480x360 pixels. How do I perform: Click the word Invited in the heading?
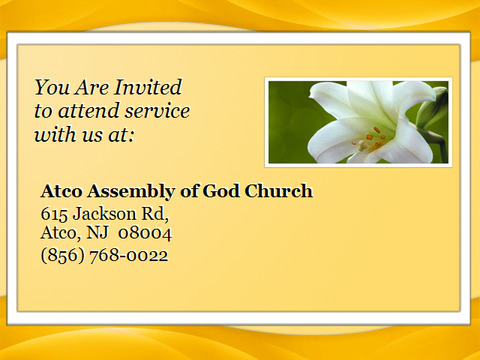[x=148, y=87]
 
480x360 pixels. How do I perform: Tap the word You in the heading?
[x=52, y=87]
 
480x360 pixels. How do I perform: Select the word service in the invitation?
[x=157, y=111]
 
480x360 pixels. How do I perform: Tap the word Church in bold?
[x=278, y=190]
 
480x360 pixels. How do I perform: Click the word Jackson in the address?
[x=104, y=213]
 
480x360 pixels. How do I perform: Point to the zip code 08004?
[x=145, y=233]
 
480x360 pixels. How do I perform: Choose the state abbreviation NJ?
[x=97, y=232]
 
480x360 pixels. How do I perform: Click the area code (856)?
[x=62, y=255]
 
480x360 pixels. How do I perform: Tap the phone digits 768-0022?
[x=129, y=255]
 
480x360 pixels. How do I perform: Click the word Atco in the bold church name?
[x=61, y=191]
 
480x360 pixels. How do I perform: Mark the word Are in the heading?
[x=92, y=87]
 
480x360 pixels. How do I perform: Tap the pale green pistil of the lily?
[x=363, y=145]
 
